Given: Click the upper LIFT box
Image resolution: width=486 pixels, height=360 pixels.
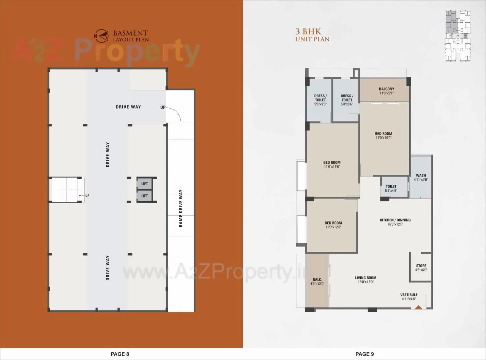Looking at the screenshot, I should point(145,184).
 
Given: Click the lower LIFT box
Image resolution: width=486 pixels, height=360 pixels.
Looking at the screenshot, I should point(145,196).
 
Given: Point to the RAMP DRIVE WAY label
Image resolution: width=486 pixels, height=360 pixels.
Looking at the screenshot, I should point(181,208).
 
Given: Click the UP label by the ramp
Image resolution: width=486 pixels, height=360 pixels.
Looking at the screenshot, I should point(163,107).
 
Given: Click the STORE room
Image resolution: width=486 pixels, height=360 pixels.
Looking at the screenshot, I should point(421,267).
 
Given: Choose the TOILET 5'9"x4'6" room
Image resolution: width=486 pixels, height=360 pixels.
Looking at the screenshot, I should point(391,188).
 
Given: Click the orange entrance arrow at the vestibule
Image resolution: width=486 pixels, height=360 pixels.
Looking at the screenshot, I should point(419,307).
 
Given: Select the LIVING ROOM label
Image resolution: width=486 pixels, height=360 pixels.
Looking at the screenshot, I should point(366,278).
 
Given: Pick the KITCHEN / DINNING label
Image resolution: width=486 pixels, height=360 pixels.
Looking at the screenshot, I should point(395,220).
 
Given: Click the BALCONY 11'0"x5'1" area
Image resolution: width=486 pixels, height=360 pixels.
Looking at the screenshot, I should point(386,91).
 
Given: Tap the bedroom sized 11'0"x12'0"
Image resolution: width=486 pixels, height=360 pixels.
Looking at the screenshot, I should point(333,225).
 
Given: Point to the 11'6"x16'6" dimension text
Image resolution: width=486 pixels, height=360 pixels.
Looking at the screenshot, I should point(332,166).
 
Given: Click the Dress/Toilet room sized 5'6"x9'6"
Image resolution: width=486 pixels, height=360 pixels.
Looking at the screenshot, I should point(320,100).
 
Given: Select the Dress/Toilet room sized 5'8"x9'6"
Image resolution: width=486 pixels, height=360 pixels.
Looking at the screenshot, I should point(347,100).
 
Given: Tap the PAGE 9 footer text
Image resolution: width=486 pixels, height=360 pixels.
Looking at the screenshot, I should point(364,354).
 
